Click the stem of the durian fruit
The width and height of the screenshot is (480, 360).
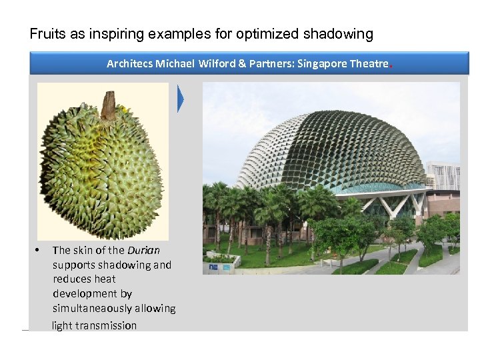(108, 105)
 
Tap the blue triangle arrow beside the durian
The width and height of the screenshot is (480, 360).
(181, 99)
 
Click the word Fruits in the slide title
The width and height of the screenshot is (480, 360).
(47, 33)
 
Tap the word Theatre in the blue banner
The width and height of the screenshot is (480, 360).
(369, 64)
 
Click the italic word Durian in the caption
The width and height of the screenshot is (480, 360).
(143, 251)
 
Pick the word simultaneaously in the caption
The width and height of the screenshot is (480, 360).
(114, 309)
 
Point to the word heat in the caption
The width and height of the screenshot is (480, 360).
(104, 279)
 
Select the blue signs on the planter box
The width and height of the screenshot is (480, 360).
(219, 266)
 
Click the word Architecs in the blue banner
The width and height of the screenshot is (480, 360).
(130, 64)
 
